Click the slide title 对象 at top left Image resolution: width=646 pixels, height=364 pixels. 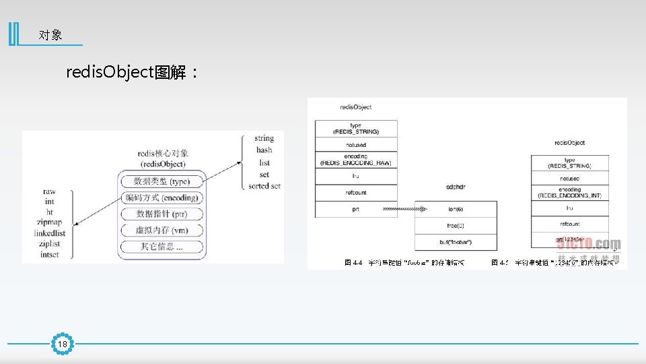click(50, 35)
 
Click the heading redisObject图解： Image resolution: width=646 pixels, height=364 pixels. click(132, 72)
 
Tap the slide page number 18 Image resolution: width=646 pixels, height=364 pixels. click(63, 344)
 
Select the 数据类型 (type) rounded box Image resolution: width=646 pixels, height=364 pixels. click(161, 181)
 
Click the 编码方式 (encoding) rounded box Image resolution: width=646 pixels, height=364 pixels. click(161, 198)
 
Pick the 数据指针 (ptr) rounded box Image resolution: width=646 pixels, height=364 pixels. click(161, 214)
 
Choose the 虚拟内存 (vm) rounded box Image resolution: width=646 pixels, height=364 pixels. click(161, 230)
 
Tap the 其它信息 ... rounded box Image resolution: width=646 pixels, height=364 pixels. click(161, 247)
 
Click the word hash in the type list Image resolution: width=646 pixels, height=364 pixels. click(264, 150)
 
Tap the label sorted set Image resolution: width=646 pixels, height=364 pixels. click(264, 186)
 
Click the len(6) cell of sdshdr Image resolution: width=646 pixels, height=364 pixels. click(456, 209)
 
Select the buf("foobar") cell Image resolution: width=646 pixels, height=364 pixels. click(456, 241)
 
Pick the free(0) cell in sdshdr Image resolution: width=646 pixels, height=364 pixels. click(456, 225)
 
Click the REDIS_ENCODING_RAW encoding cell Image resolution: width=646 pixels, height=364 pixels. click(356, 159)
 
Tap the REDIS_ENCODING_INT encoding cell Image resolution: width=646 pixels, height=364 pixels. click(569, 192)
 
